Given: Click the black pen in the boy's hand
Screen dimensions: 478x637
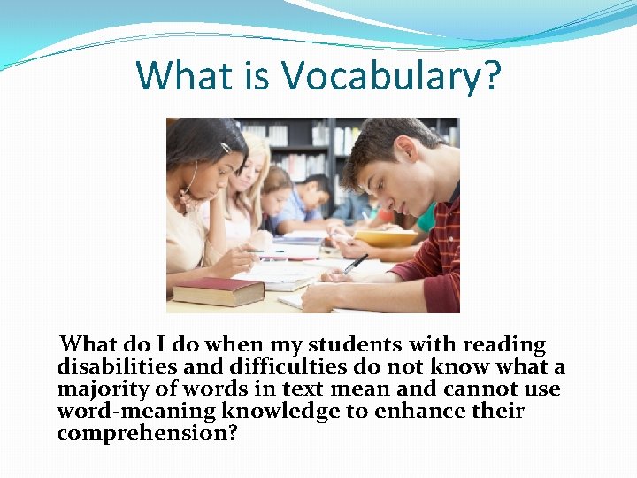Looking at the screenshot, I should (x=356, y=263).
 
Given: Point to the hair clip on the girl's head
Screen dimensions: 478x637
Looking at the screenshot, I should (x=226, y=147).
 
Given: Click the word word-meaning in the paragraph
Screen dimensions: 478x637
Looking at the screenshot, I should (x=136, y=412).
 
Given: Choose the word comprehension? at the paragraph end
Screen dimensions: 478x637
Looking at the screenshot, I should (x=148, y=434).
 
